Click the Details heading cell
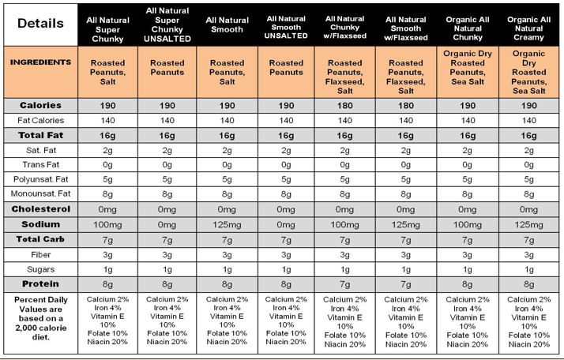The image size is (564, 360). [x=39, y=24]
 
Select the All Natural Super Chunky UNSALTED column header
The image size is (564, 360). [x=167, y=24]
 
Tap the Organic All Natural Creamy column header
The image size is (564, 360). [x=528, y=24]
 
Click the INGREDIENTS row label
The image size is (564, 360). [x=40, y=62]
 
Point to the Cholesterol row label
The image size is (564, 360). [x=40, y=209]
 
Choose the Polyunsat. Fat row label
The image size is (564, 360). [x=40, y=179]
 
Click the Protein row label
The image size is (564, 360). [x=40, y=284]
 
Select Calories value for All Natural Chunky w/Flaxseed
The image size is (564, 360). [x=344, y=105]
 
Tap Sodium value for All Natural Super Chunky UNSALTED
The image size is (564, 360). [x=167, y=225]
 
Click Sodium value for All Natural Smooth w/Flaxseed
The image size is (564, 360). [x=406, y=225]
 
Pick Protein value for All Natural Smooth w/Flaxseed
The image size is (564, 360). [x=406, y=284]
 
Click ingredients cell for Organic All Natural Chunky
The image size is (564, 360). [x=467, y=72]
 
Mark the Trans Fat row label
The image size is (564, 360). [x=40, y=164]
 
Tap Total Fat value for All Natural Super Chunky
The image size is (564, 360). [x=107, y=135]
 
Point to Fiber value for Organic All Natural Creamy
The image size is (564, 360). [x=528, y=254]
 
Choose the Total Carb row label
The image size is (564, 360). [x=40, y=239]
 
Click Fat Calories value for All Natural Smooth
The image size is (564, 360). [x=227, y=120]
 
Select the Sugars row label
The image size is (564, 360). [x=40, y=269]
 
